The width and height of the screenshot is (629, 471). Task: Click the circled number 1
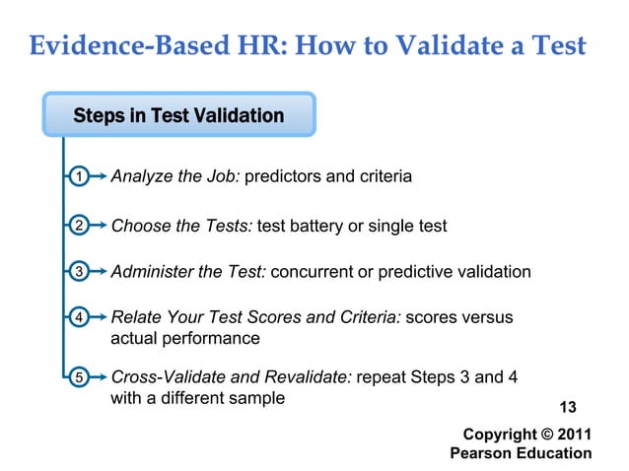(x=76, y=177)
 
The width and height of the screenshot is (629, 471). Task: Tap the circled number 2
(x=76, y=226)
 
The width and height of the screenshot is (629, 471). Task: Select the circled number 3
(x=76, y=272)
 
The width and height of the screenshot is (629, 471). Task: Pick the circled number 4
(x=76, y=317)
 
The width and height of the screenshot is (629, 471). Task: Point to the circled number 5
(x=76, y=376)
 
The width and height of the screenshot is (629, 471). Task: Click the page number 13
(x=568, y=408)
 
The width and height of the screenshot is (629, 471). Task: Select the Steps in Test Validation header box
(x=178, y=115)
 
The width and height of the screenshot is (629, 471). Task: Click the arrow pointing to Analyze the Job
(x=96, y=177)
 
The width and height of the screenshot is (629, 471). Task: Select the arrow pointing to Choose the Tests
(x=96, y=226)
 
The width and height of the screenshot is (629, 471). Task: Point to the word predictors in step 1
(x=282, y=177)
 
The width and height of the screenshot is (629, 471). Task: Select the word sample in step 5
(x=258, y=398)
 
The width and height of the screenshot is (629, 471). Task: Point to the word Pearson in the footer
(x=482, y=453)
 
